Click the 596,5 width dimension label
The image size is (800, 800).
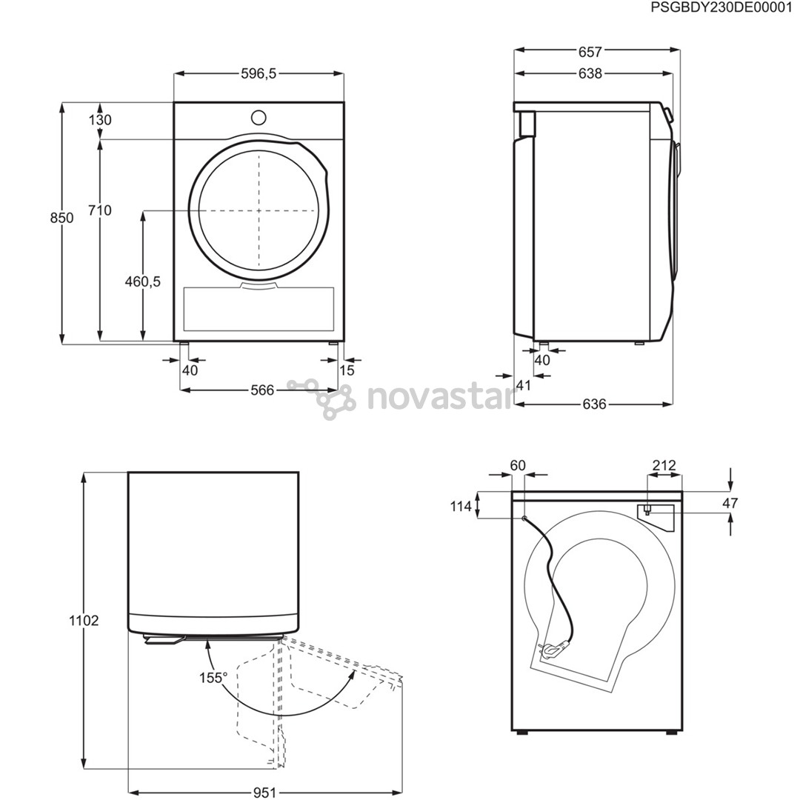tap(259, 73)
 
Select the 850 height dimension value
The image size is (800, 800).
tap(62, 217)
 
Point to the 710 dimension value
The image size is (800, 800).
tap(100, 210)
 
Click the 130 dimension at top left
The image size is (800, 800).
tap(100, 120)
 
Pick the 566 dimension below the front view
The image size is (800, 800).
tap(261, 390)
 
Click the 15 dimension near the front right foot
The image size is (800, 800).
tap(347, 370)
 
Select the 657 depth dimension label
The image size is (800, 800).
tap(590, 51)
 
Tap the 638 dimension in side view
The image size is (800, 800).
tap(590, 73)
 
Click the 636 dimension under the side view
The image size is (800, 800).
tap(594, 404)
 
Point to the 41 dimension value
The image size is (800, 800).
tap(524, 384)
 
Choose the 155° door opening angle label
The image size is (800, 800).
tap(213, 677)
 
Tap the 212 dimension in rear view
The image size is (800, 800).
tap(664, 466)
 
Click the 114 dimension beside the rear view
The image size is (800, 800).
tap(461, 507)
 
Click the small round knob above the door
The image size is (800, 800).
tap(259, 117)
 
